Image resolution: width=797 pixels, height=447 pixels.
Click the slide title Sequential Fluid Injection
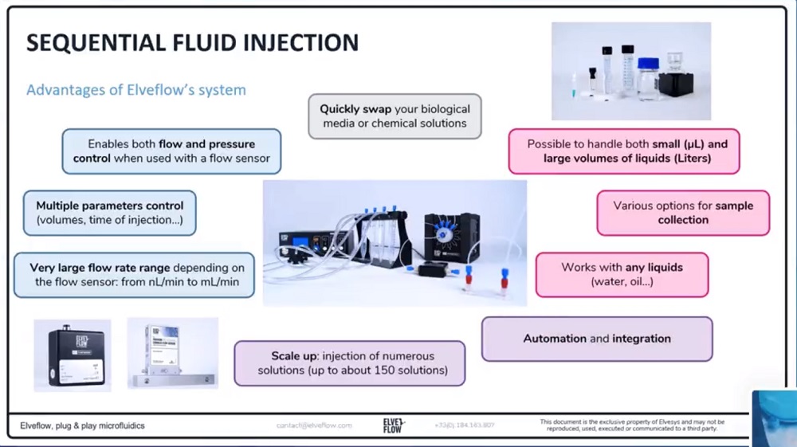[x=192, y=42]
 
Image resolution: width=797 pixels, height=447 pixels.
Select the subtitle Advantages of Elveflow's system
[x=136, y=89]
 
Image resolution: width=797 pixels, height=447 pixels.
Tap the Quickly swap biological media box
[x=395, y=116]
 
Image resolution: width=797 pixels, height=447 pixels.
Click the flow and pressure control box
[x=171, y=151]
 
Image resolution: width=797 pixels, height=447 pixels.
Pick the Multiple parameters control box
[x=109, y=213]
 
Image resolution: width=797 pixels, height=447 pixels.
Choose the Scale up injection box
[x=349, y=363]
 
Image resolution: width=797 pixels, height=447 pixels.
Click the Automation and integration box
[x=597, y=339]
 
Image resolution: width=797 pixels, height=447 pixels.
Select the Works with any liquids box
[x=622, y=274]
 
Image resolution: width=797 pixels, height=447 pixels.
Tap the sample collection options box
[x=683, y=213]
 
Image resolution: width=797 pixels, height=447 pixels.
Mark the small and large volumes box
[x=624, y=151]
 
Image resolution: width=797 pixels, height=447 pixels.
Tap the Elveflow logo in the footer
[x=394, y=425]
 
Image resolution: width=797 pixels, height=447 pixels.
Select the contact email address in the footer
[x=314, y=425]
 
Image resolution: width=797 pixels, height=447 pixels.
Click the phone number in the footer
[x=465, y=425]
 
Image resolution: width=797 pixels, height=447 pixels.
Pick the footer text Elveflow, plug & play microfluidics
[x=83, y=425]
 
